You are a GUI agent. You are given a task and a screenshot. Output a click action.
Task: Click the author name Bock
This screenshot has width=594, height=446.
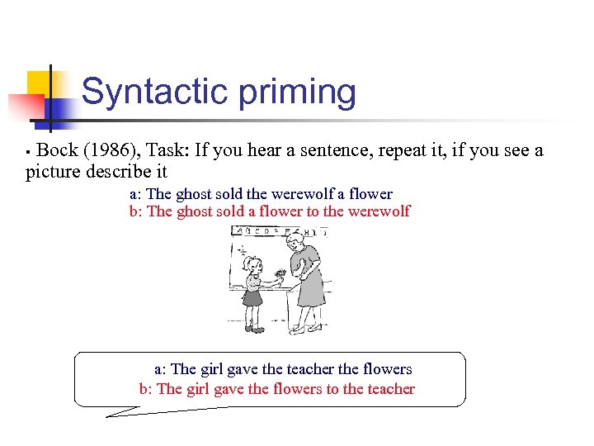57,150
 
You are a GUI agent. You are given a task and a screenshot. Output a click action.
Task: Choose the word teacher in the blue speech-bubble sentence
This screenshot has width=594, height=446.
309,369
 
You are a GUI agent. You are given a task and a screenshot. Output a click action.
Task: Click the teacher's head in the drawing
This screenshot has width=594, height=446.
295,244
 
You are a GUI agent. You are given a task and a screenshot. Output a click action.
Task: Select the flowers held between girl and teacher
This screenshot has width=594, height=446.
280,273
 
